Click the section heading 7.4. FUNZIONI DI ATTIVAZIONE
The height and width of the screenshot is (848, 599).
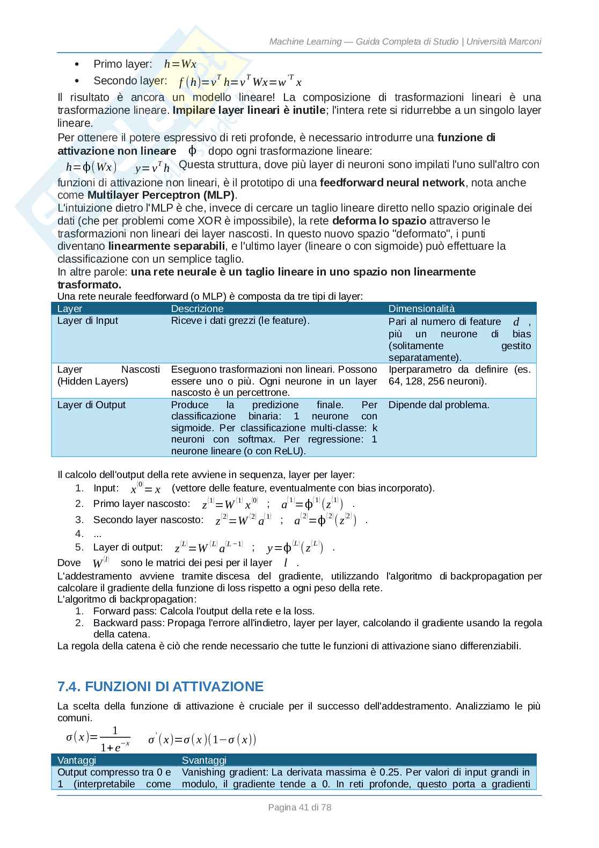pos(160,686)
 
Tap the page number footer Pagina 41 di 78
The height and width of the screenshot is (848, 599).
pos(299,807)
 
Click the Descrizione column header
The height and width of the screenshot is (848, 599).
pos(197,308)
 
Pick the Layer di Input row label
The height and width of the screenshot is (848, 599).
pos(87,321)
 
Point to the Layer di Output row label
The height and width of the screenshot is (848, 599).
pos(91,405)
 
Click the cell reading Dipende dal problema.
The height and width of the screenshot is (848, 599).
pos(439,405)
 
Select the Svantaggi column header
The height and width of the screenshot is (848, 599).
pos(204,760)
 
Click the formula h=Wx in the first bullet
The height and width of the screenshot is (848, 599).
pos(180,64)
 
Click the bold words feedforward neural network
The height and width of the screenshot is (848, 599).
pos(392,183)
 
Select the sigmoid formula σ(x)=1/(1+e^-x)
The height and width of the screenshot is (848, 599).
pos(98,739)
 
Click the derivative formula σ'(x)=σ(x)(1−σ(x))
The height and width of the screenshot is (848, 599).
pos(202,740)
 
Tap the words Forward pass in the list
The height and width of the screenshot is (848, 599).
pos(124,611)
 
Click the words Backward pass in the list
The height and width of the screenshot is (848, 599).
pos(128,623)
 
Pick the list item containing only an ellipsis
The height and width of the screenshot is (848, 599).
pos(98,534)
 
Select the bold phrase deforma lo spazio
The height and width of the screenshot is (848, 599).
pos(379,221)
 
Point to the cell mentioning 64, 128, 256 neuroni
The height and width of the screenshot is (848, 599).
pos(437,381)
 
